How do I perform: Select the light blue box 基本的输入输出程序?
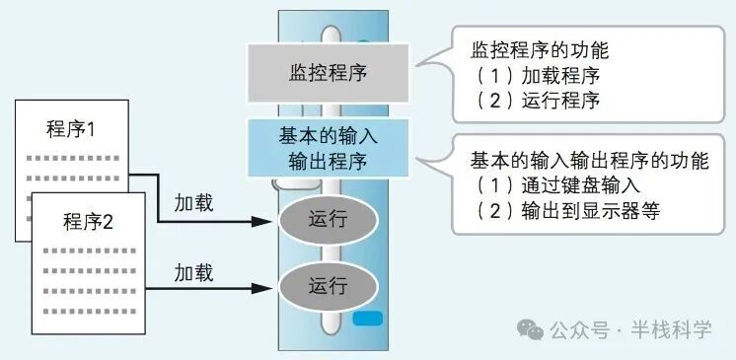pyautogui.click(x=328, y=148)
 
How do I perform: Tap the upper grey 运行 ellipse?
pyautogui.click(x=328, y=219)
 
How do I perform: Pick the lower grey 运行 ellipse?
pyautogui.click(x=328, y=286)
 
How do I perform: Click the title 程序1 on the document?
pyautogui.click(x=72, y=130)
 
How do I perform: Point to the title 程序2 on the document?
pyautogui.click(x=89, y=220)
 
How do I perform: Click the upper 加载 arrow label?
pyautogui.click(x=194, y=204)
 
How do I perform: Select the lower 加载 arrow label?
pyautogui.click(x=194, y=271)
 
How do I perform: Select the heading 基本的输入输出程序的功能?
pyautogui.click(x=590, y=160)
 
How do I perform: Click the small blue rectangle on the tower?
pyautogui.click(x=367, y=320)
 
